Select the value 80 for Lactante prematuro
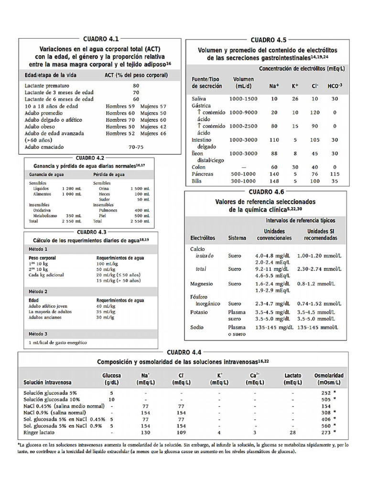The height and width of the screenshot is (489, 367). coord(136,85)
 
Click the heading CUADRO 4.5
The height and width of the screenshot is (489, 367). coord(268,40)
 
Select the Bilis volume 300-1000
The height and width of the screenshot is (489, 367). coord(242,181)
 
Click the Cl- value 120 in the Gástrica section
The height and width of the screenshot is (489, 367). coord(314,112)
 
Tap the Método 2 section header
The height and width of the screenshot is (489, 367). coord(39,291)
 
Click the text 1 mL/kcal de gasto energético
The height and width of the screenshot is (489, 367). coord(61,342)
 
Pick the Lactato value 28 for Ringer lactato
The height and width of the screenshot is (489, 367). coord(292,432)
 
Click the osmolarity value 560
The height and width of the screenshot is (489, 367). coord(325,425)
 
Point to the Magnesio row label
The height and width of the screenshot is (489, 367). coord(201,283)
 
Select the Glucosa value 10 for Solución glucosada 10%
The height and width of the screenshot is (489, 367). coord(111,399)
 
